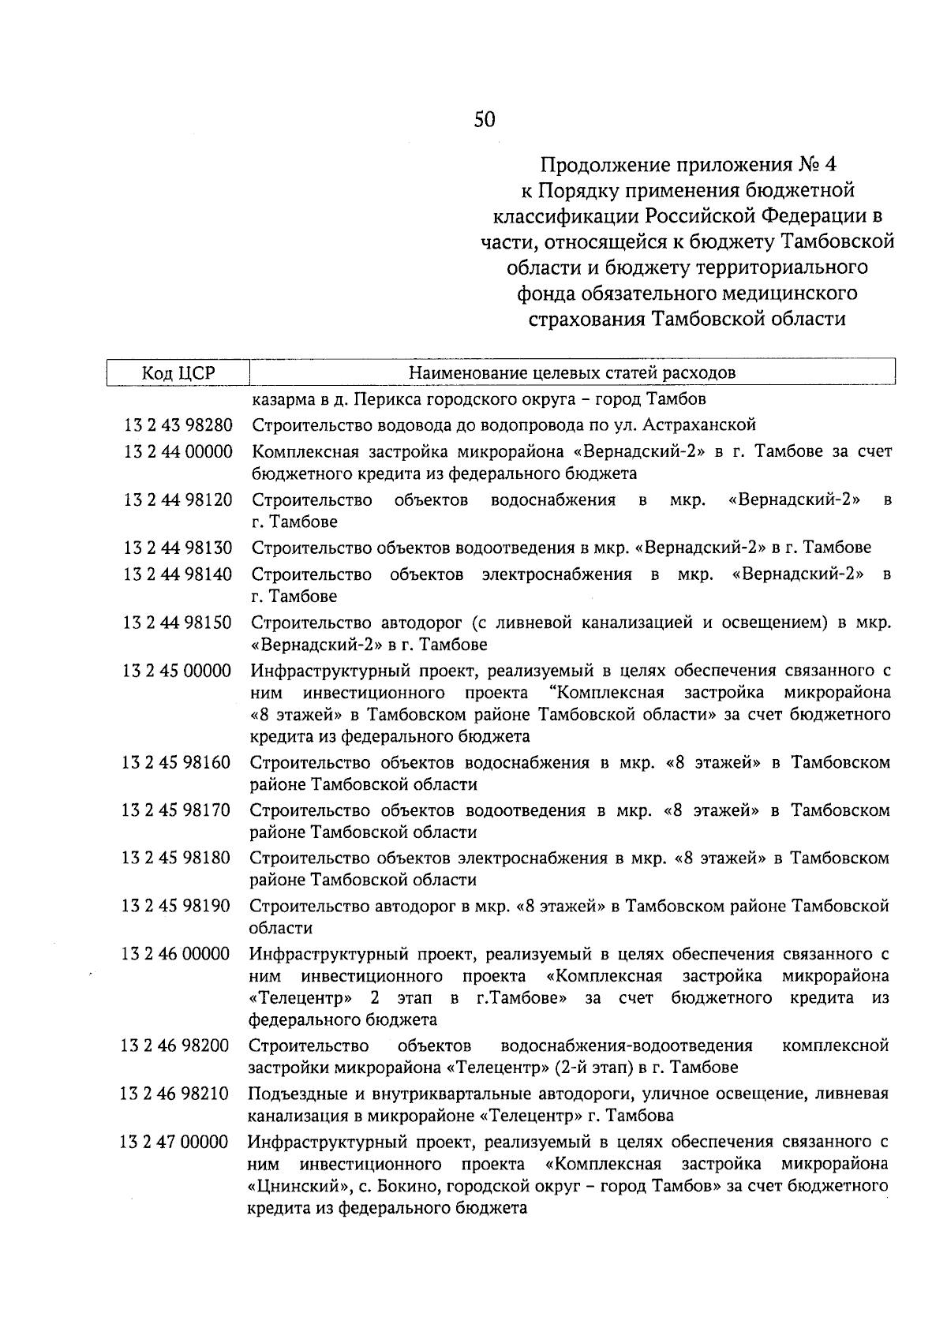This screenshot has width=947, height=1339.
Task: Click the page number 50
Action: click(x=485, y=120)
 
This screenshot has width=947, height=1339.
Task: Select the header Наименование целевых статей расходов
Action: click(x=572, y=372)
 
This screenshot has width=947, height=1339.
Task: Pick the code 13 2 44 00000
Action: click(x=178, y=452)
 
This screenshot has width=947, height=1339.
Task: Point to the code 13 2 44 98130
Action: click(x=178, y=548)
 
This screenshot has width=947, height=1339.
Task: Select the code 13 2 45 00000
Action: click(x=177, y=671)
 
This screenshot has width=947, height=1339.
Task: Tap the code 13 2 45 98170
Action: click(x=176, y=810)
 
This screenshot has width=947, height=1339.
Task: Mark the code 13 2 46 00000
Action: click(x=175, y=954)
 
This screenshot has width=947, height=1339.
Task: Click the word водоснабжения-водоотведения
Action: click(x=627, y=1046)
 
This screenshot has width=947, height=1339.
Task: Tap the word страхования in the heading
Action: click(x=586, y=319)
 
